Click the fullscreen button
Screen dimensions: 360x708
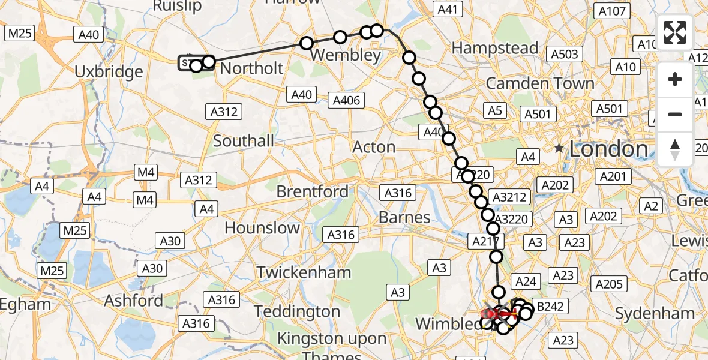pos(675,32)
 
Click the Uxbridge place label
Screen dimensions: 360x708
pos(109,72)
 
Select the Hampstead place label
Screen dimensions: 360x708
pos(495,48)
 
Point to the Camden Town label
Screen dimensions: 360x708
pos(540,83)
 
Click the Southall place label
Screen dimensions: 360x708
pos(244,142)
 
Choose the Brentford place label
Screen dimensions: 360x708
pos(312,192)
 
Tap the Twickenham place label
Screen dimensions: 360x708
pos(304,272)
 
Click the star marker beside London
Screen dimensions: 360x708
pos(559,148)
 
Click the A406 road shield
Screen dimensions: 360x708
pos(347,100)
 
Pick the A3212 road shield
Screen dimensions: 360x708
pos(508,197)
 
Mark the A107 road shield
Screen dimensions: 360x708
pos(612,11)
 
